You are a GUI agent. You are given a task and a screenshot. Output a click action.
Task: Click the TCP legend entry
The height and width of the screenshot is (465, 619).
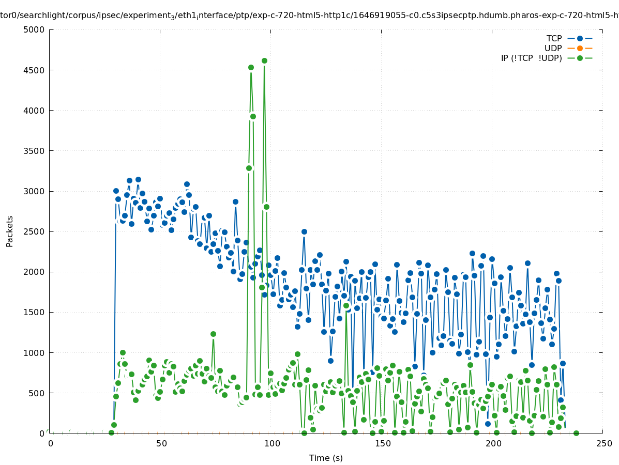[x=554, y=38]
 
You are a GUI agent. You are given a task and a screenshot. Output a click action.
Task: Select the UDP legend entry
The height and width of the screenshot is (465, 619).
[x=553, y=48]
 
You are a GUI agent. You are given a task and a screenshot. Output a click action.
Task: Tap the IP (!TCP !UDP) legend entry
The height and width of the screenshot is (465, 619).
[x=531, y=58]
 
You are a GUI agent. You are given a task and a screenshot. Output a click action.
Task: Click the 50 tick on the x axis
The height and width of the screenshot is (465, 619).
[x=161, y=443]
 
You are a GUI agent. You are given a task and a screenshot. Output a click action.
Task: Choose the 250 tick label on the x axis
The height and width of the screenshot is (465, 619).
[x=603, y=443]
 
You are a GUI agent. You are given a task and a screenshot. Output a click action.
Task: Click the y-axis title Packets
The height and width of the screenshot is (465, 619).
[x=10, y=231]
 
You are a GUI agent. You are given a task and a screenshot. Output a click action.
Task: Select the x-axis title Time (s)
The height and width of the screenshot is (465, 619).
[x=326, y=458]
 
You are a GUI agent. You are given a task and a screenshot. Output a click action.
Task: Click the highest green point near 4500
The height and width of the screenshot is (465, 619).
[x=264, y=60]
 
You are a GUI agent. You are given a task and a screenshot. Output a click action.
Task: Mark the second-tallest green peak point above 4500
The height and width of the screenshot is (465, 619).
[x=251, y=67]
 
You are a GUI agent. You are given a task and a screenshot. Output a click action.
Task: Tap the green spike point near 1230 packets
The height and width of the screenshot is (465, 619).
[x=213, y=334]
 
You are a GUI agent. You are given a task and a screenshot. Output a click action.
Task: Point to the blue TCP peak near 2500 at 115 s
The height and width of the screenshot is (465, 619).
[x=304, y=231]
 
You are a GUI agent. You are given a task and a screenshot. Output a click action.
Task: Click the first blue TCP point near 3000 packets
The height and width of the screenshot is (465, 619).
[x=116, y=191]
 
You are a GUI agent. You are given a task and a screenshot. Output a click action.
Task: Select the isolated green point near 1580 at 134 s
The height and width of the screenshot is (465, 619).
[x=346, y=305]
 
